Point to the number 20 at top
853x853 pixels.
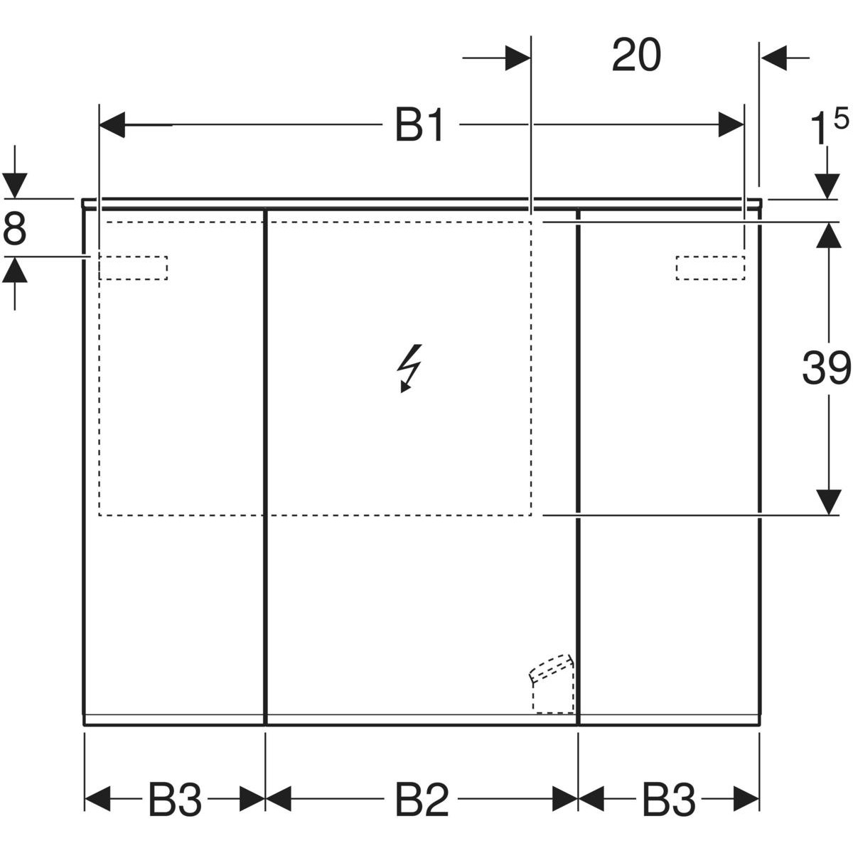(636, 55)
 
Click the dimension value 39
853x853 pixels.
(827, 368)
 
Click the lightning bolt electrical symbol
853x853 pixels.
(409, 368)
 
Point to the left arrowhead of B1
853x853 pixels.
(112, 125)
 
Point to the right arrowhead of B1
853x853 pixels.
(731, 125)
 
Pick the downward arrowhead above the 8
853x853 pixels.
(15, 186)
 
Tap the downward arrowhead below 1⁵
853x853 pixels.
(827, 186)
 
